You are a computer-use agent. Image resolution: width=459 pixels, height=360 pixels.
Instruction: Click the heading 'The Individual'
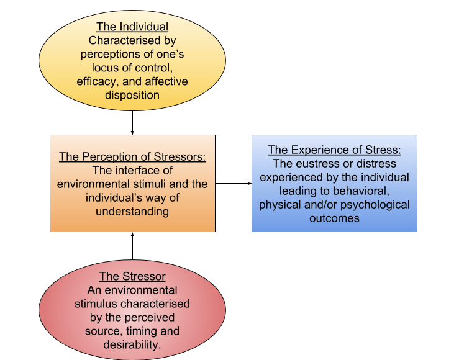point(132,27)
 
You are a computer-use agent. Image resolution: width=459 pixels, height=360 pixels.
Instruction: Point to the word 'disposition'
point(132,96)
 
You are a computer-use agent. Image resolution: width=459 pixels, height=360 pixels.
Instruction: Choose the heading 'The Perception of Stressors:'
point(132,157)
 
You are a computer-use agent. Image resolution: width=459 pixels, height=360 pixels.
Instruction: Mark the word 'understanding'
point(132,212)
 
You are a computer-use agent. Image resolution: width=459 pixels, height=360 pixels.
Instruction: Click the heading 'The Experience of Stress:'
point(334,150)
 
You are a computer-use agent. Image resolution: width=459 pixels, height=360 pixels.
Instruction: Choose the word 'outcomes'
point(334,218)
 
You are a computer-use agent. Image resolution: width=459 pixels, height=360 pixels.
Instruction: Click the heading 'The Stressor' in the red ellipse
point(132,276)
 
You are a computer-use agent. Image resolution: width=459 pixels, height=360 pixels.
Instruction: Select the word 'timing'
point(142,331)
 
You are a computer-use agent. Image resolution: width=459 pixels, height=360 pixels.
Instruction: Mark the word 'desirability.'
point(132,345)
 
